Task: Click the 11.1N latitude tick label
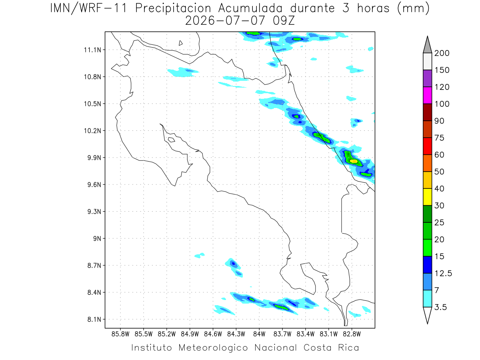(x=92, y=50)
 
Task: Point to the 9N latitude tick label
(x=97, y=238)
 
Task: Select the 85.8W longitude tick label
(x=120, y=334)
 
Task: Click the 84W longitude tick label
(x=259, y=334)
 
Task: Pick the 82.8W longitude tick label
(x=352, y=334)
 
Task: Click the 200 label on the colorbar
(x=442, y=53)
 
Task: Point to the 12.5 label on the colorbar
(x=443, y=274)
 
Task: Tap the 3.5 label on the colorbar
(x=440, y=307)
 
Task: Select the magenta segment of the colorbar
(x=427, y=95)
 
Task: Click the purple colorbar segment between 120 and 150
(x=427, y=78)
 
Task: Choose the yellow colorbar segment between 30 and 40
(x=427, y=197)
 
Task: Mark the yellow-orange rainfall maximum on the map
(x=354, y=161)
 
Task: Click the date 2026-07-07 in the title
(x=225, y=21)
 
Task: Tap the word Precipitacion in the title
(x=173, y=8)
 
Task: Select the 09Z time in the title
(x=284, y=21)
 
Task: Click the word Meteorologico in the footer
(x=213, y=348)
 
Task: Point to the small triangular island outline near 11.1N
(x=180, y=43)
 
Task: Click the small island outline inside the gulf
(x=172, y=140)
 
